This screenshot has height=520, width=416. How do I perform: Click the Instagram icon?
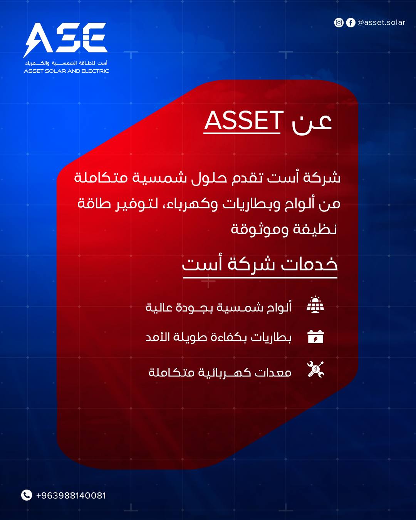pyautogui.click(x=339, y=23)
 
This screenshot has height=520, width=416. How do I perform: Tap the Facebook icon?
pyautogui.click(x=351, y=23)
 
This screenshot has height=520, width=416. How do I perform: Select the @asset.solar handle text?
pyautogui.click(x=381, y=22)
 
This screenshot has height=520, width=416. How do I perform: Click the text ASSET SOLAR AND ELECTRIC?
pyautogui.click(x=66, y=71)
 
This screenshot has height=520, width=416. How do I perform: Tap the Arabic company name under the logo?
pyautogui.click(x=66, y=63)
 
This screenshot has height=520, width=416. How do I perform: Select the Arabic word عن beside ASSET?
pyautogui.click(x=312, y=123)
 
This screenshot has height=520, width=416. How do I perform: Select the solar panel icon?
pyautogui.click(x=315, y=304)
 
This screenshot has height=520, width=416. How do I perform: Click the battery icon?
pyautogui.click(x=315, y=337)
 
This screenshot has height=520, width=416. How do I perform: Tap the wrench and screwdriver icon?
pyautogui.click(x=315, y=369)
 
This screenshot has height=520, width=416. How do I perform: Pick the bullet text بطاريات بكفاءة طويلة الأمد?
pyautogui.click(x=218, y=337)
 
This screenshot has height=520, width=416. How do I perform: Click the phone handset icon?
pyautogui.click(x=27, y=495)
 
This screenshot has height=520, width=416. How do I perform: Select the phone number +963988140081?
pyautogui.click(x=71, y=495)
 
